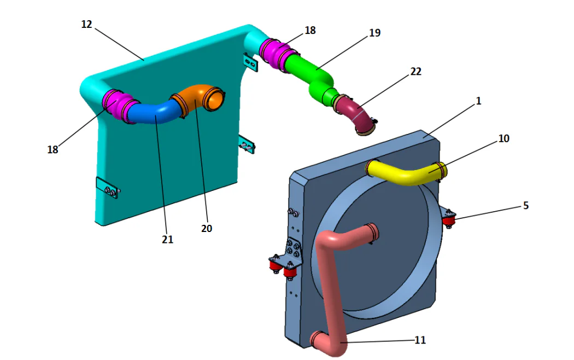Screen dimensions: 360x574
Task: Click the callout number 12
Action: pos(86,25)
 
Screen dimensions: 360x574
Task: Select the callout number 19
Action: pos(374,33)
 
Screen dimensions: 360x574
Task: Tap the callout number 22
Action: pos(415,72)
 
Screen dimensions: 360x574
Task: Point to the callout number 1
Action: pos(478,101)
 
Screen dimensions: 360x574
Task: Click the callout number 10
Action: pos(503,139)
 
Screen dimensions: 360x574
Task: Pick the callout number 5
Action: pos(525,206)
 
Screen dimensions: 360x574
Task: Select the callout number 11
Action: pos(420,340)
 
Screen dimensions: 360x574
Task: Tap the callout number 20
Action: pos(206,229)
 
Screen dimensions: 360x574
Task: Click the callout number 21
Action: pos(167,239)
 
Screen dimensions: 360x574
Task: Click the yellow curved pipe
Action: pos(407,175)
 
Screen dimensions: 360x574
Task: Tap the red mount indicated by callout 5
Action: pos(449,220)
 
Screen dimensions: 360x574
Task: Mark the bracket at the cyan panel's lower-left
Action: pos(107,189)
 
